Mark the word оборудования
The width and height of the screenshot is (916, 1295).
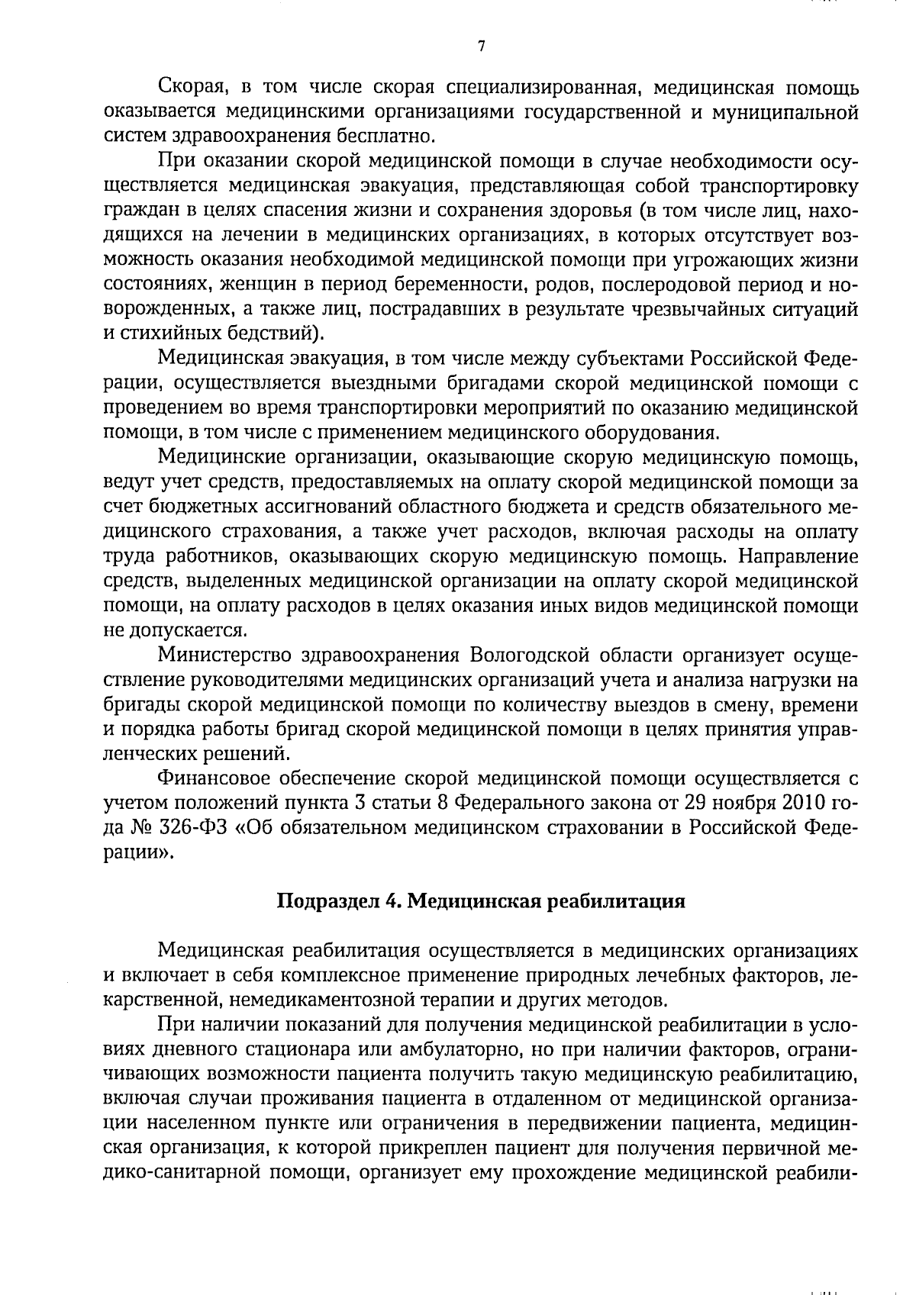(650, 433)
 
